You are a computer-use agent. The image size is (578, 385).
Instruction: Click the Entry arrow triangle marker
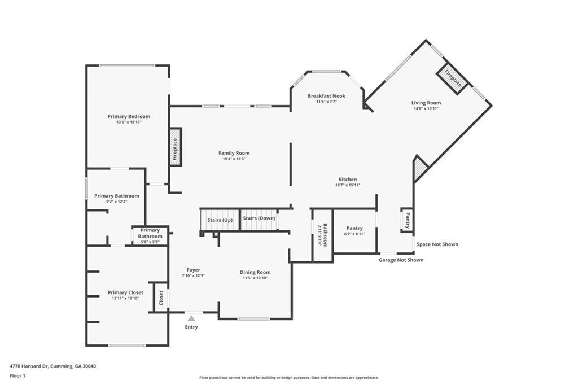[191, 318]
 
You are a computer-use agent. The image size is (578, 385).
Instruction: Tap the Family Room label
[234, 153]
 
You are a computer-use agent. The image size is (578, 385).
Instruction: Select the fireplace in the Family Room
[176, 147]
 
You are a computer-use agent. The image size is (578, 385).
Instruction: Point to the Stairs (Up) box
[220, 220]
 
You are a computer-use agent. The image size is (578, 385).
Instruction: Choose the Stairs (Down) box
[259, 220]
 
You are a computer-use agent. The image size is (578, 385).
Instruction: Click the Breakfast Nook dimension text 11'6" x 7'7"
[327, 102]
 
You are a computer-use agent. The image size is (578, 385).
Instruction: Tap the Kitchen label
[348, 179]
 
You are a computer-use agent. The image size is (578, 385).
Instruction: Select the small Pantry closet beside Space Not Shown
[407, 220]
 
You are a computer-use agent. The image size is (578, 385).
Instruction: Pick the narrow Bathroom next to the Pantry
[322, 235]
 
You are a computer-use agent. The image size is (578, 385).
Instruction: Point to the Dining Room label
[255, 272]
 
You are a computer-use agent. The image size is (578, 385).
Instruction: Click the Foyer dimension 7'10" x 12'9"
[193, 275]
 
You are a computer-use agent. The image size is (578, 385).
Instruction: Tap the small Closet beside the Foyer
[160, 297]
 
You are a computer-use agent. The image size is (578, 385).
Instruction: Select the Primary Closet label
[125, 292]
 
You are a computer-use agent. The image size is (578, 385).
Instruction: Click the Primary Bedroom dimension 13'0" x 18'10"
[129, 122]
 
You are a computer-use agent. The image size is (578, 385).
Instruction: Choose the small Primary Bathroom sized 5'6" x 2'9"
[150, 235]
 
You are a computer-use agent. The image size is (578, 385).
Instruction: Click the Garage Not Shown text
[401, 260]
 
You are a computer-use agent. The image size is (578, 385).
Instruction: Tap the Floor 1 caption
[17, 376]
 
